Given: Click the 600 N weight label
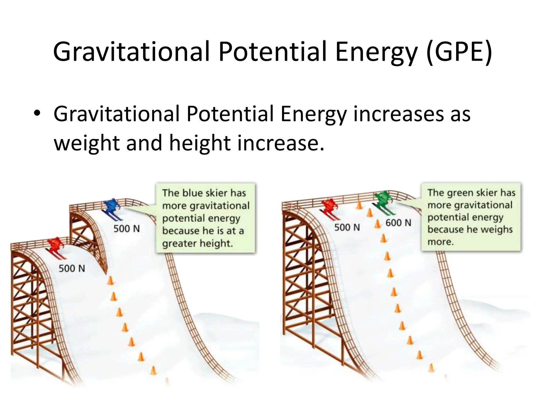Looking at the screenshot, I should pos(398,223).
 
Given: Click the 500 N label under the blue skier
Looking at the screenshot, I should pos(127,229).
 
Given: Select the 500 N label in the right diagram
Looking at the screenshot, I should pos(347,227).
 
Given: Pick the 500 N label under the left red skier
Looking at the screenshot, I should pos(72,268).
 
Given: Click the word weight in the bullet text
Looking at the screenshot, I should pos(86,143).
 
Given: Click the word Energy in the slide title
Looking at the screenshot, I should pos(376,51).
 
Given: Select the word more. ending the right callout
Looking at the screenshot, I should pos(440,242).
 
